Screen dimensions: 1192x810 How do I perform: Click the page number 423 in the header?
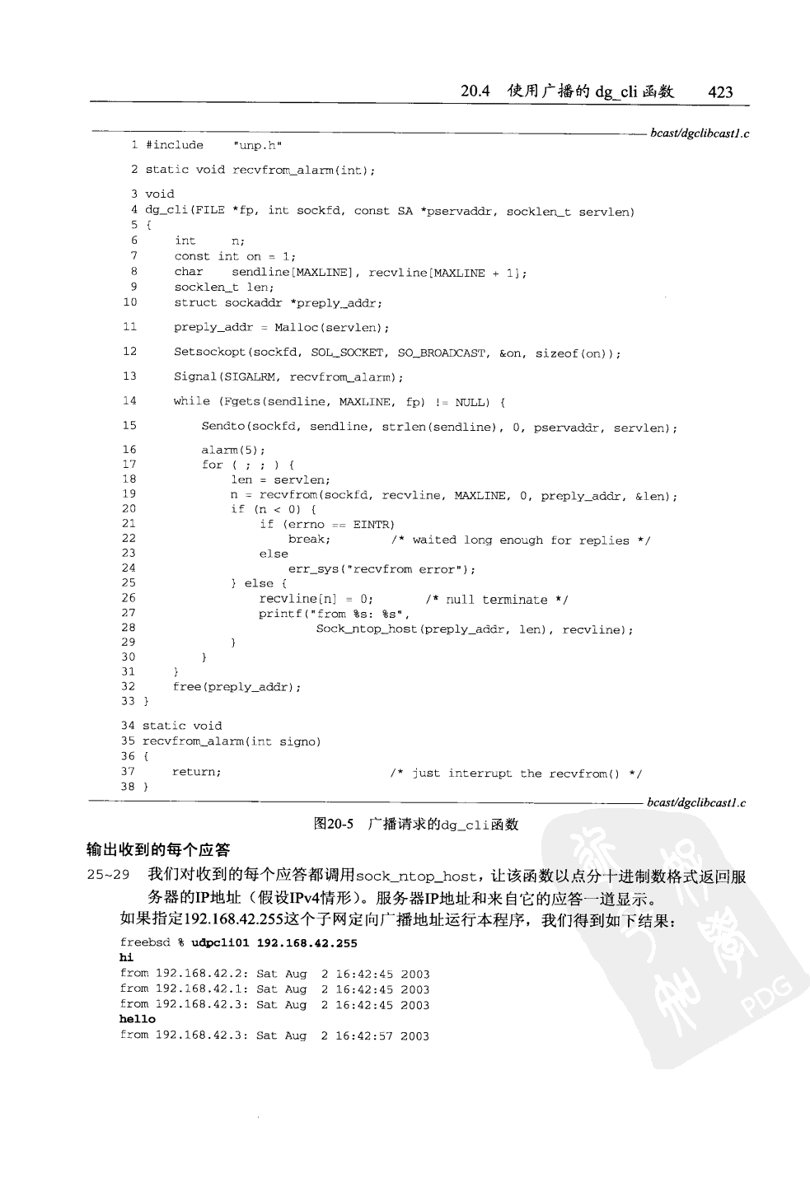[720, 92]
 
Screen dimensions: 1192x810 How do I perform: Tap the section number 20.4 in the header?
[475, 91]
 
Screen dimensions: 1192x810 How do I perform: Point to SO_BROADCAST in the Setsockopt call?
[442, 353]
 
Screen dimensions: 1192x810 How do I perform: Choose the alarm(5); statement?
[233, 450]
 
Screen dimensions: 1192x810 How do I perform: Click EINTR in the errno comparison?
[373, 524]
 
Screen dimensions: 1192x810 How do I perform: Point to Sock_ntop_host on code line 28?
[367, 629]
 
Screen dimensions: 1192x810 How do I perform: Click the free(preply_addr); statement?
[236, 687]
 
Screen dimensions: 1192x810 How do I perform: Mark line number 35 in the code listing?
[127, 741]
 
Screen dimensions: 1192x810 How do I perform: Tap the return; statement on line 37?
[196, 772]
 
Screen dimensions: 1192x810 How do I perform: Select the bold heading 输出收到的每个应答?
[158, 850]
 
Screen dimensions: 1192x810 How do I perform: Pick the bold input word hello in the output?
[137, 1020]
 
